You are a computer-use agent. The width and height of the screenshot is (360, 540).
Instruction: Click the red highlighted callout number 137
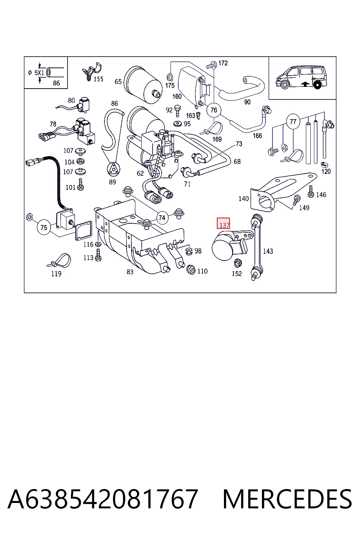click(x=223, y=223)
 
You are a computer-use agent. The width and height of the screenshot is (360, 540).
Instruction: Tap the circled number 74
click(x=162, y=218)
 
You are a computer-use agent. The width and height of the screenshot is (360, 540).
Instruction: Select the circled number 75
click(x=44, y=227)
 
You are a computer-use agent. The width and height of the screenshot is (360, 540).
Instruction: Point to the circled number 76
click(x=214, y=110)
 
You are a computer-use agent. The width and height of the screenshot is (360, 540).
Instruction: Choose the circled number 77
click(x=293, y=121)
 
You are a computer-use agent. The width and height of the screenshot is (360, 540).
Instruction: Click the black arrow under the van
click(x=305, y=84)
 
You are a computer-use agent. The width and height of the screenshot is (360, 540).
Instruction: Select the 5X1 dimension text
click(x=39, y=73)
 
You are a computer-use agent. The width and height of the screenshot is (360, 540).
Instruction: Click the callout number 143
click(x=268, y=251)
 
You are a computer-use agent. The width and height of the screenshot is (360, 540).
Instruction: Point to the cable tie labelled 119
click(x=59, y=261)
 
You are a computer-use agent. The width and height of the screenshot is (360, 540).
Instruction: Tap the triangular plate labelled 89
click(x=113, y=169)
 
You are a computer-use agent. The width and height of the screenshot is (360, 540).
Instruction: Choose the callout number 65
click(x=118, y=82)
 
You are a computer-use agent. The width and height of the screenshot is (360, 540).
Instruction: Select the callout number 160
click(x=177, y=96)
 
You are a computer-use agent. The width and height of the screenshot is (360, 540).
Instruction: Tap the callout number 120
click(x=326, y=172)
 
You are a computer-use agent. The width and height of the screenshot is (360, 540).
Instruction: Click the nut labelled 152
click(x=238, y=263)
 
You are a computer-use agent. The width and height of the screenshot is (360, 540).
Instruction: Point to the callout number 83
click(x=130, y=272)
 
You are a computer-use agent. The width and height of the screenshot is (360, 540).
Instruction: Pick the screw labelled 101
click(x=81, y=185)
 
